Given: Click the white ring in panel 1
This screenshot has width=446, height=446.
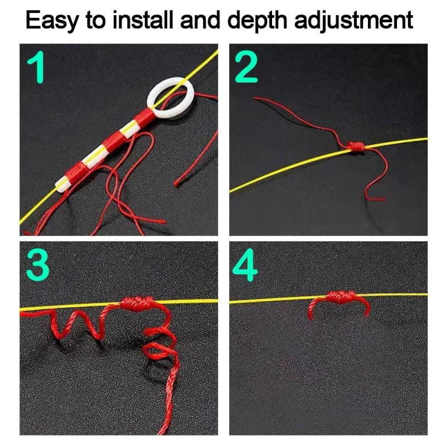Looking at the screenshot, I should click(169, 97).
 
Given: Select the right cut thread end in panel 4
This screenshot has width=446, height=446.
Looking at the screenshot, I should click(365, 312).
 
